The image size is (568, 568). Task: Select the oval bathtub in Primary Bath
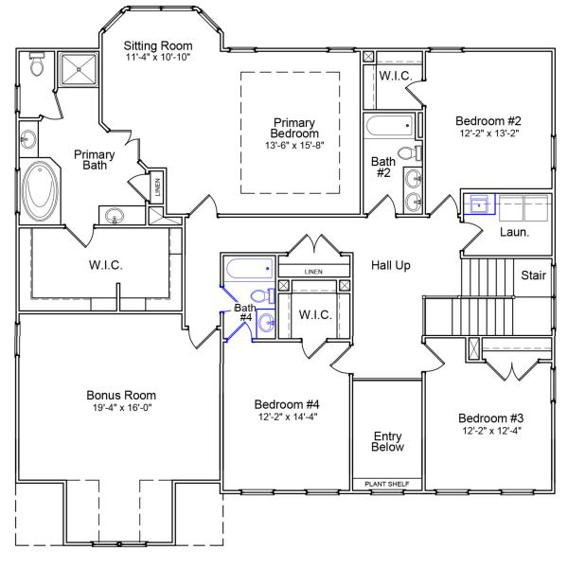(41, 190)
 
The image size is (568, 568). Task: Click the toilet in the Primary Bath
(37, 65)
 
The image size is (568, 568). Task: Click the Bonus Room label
(120, 395)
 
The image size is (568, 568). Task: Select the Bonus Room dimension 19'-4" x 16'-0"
(120, 408)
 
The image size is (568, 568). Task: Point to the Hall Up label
(390, 266)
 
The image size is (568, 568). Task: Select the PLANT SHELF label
(386, 484)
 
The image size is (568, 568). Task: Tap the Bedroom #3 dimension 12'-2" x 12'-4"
(489, 432)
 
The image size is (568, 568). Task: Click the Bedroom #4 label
(288, 402)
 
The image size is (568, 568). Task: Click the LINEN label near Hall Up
(313, 272)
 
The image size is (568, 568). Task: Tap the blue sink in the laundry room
(481, 204)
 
